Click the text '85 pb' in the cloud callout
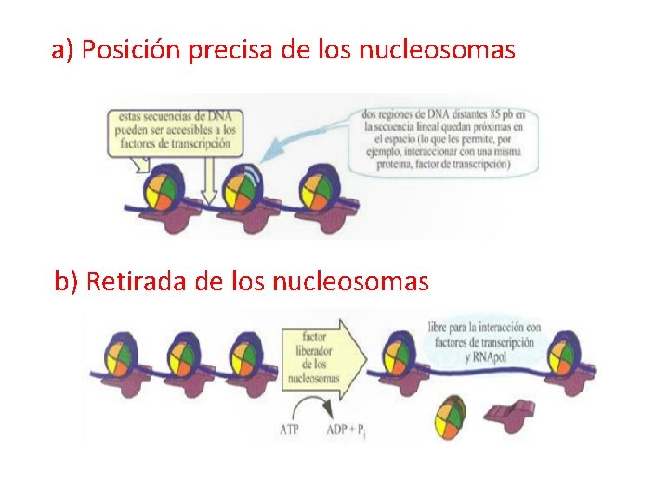(502, 114)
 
